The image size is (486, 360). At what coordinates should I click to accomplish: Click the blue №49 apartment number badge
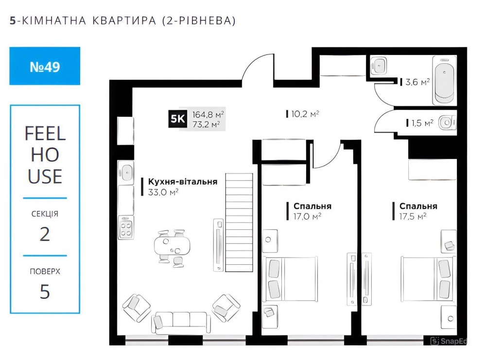(45, 66)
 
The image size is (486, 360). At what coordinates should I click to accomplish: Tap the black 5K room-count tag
(177, 119)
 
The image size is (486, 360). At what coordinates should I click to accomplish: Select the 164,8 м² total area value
(208, 115)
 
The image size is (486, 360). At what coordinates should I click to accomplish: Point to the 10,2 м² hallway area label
(305, 114)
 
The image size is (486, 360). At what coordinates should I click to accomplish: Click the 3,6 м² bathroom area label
(417, 82)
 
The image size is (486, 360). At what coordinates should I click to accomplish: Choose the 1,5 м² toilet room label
(422, 123)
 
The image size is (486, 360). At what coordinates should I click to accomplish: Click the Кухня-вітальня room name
(183, 182)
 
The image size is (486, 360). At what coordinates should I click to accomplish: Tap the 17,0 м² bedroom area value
(307, 216)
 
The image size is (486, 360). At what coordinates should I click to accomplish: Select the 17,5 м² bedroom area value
(413, 216)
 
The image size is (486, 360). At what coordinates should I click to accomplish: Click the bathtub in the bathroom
(444, 80)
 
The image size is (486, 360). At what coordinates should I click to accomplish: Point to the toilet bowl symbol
(447, 123)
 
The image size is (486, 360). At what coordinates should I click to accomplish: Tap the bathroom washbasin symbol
(379, 66)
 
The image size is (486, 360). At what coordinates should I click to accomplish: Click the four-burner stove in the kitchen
(126, 227)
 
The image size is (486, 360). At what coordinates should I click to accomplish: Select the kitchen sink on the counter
(126, 172)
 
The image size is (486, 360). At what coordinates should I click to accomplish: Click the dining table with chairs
(172, 248)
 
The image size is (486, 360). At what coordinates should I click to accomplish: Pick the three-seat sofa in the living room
(181, 323)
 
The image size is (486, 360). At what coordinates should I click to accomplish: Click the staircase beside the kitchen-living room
(239, 223)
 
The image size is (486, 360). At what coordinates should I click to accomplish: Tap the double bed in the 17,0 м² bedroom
(290, 279)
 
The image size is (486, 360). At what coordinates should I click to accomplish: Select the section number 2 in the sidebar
(45, 234)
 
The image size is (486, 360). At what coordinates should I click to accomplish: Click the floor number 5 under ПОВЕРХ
(45, 291)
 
